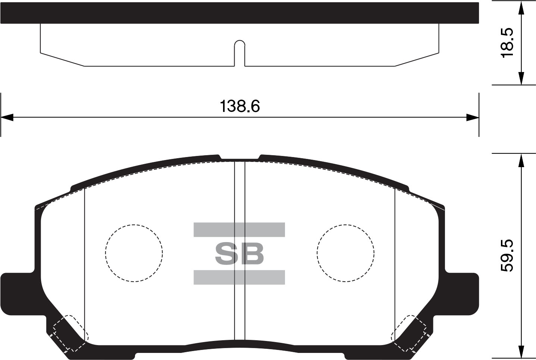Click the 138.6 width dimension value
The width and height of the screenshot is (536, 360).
240,106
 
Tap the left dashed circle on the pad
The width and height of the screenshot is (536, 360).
106,253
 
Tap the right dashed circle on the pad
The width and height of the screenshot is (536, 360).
317,253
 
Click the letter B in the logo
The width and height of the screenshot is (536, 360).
252,253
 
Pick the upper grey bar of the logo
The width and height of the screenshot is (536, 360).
239,229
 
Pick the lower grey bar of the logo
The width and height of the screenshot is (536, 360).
239,277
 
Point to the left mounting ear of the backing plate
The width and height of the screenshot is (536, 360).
18,294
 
